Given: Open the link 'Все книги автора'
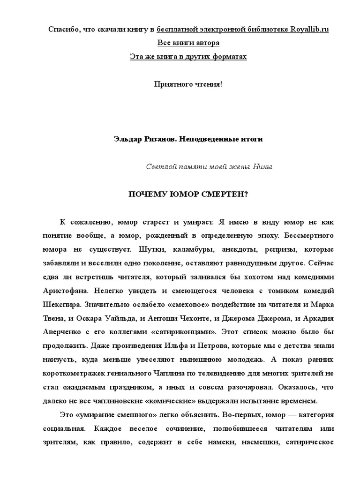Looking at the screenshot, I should tap(187, 43).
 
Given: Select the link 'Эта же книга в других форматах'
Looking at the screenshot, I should tap(187, 57).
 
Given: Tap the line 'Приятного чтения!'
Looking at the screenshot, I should tap(187, 84).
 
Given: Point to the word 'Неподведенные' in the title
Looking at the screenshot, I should tap(206, 139).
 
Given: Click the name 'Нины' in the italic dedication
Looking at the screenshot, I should tap(262, 166).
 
